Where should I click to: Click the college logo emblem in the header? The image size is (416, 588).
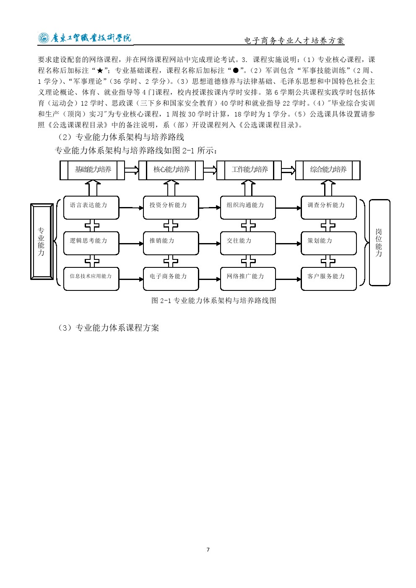click(x=44, y=38)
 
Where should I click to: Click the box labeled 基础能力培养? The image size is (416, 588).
click(x=92, y=170)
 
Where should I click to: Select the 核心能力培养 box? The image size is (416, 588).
click(x=171, y=170)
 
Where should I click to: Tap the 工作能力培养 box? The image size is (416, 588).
click(x=249, y=170)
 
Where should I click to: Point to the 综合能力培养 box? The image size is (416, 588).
click(x=328, y=170)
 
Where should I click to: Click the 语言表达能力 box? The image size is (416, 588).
click(x=91, y=207)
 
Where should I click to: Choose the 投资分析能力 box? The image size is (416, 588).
click(x=171, y=207)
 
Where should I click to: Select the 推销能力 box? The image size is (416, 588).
click(x=171, y=243)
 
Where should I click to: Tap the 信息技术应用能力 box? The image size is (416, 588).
click(x=91, y=279)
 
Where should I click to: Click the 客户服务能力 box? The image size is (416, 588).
click(x=328, y=279)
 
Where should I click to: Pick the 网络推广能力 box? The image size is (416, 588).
click(x=248, y=279)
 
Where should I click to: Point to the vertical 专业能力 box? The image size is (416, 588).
click(x=42, y=241)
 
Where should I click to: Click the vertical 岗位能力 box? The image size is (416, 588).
click(x=380, y=243)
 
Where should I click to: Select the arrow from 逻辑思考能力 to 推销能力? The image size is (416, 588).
click(x=131, y=244)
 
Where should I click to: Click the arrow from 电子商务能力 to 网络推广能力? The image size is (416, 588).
click(x=210, y=280)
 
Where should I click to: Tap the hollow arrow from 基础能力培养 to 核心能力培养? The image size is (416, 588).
click(x=132, y=170)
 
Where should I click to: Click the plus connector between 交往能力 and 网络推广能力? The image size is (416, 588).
click(x=248, y=261)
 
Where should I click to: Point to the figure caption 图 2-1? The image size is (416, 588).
click(x=213, y=300)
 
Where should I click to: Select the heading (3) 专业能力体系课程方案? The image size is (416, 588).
click(x=108, y=328)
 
